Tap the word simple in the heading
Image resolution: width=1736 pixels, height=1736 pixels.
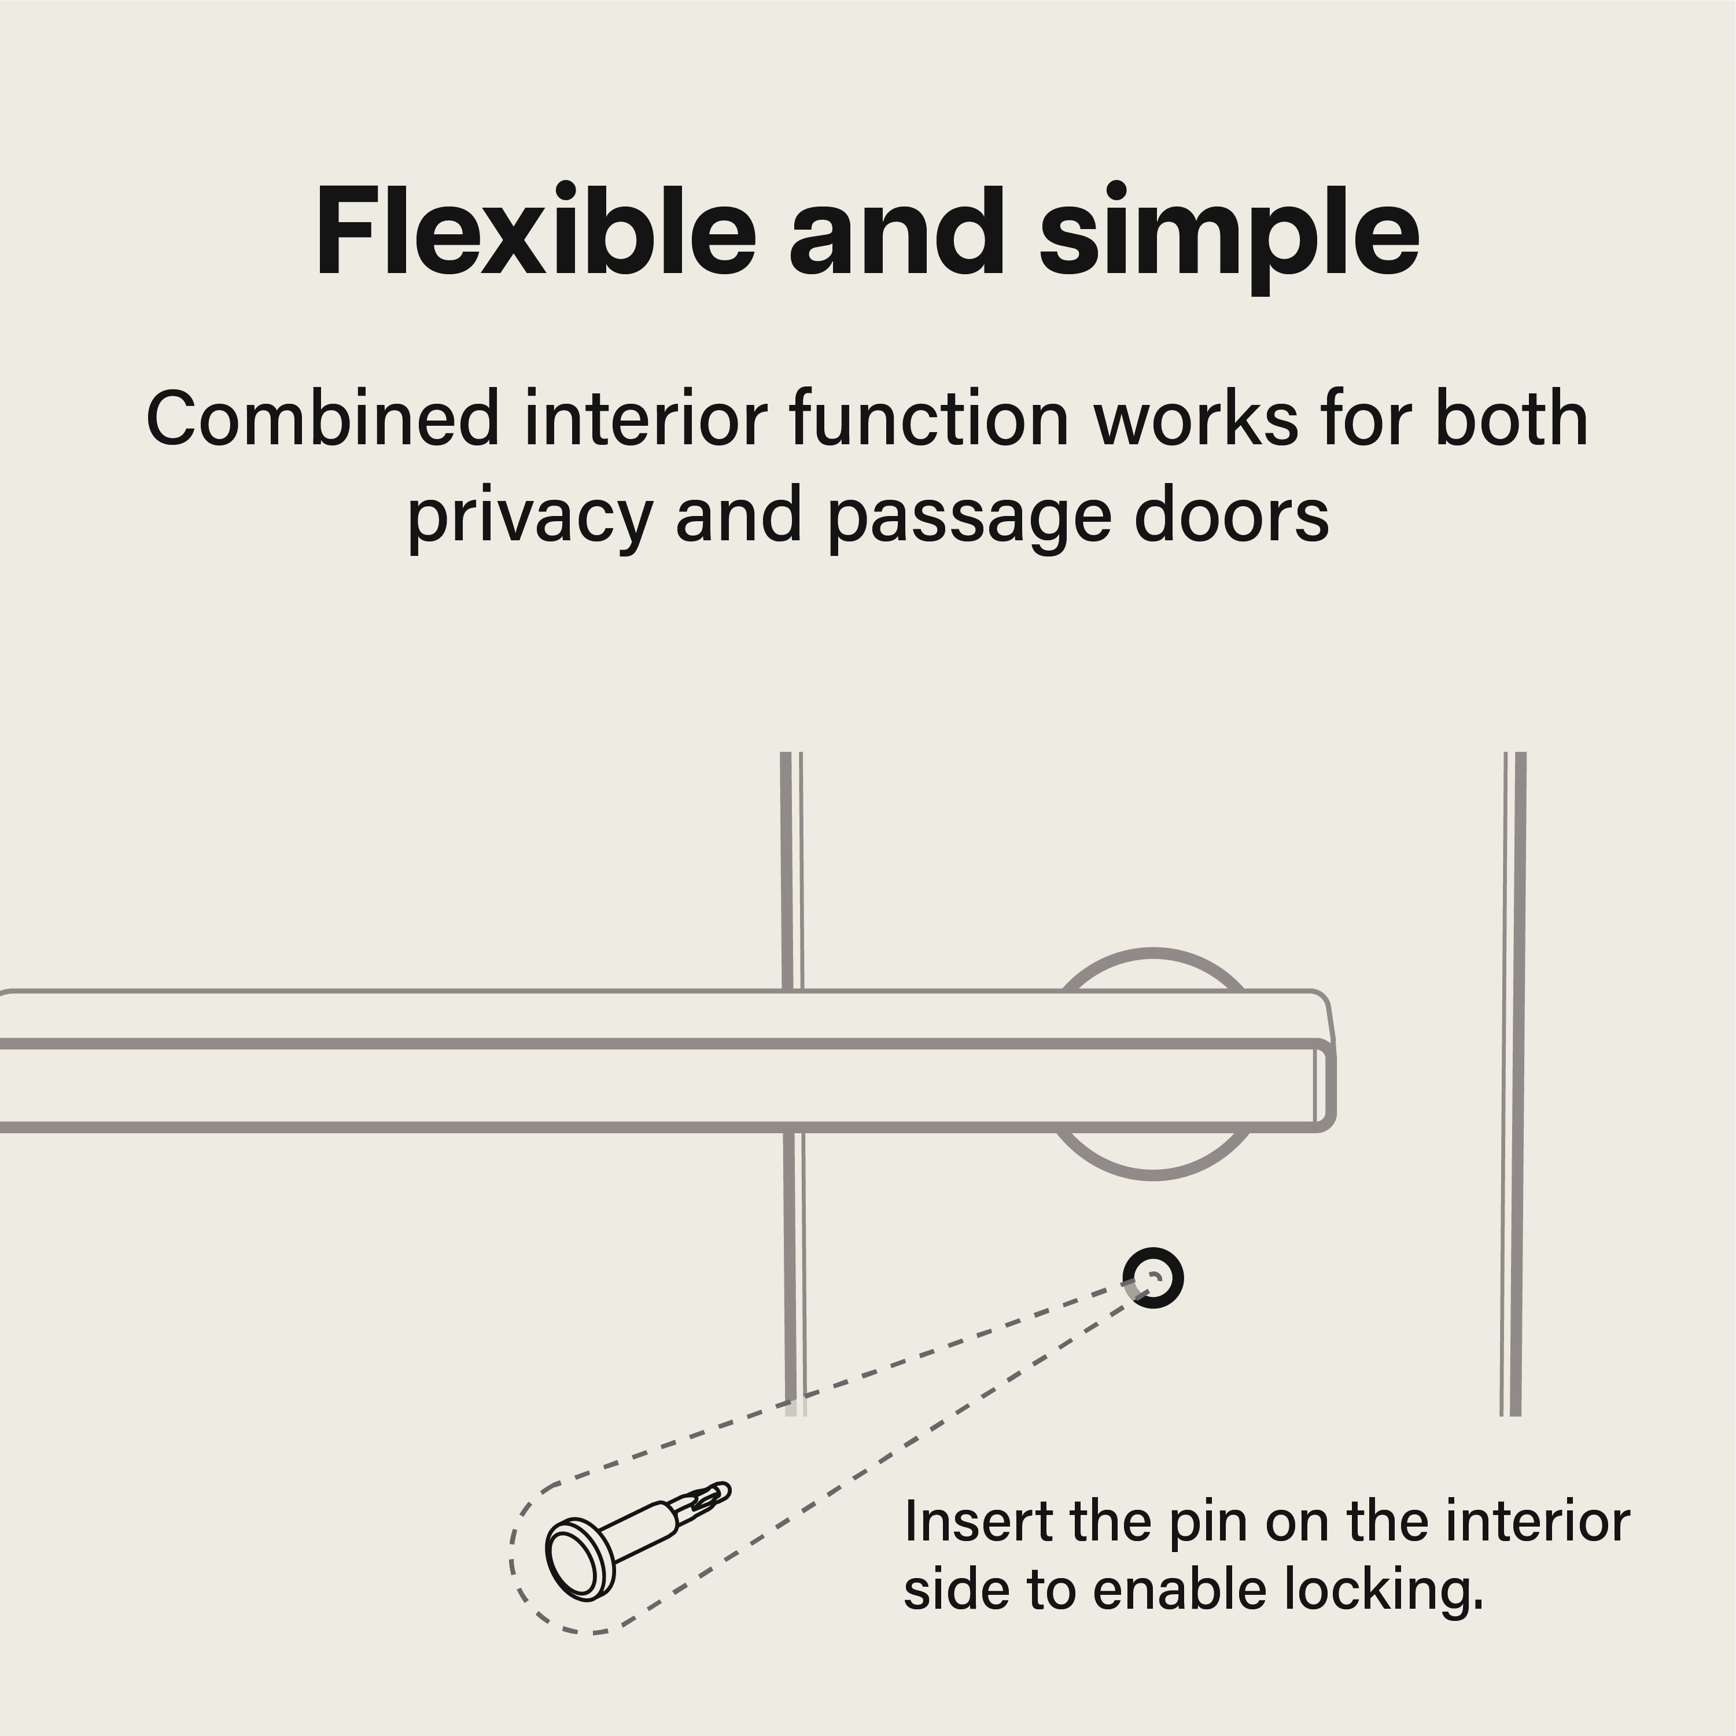(x=1229, y=239)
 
